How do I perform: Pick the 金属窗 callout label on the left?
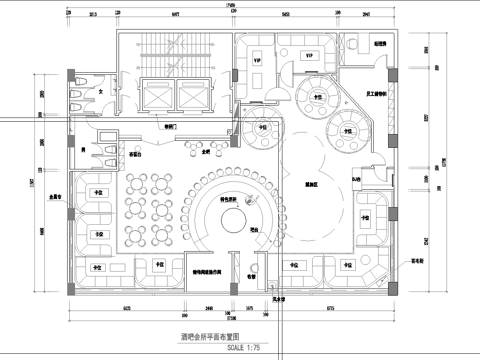[x=53, y=198]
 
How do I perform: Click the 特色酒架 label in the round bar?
[x=234, y=198]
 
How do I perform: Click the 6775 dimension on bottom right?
[x=329, y=308]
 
